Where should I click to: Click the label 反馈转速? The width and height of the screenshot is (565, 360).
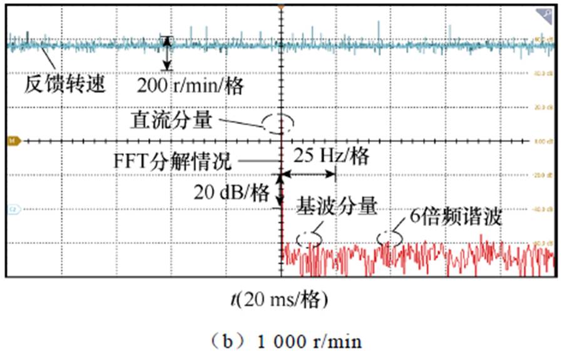click(64, 83)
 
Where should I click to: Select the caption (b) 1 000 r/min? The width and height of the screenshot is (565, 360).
click(282, 341)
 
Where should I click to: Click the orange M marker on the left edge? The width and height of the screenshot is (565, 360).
click(11, 141)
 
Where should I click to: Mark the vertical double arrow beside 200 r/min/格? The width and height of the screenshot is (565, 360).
click(166, 53)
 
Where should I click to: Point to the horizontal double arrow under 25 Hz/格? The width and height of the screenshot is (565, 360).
click(307, 173)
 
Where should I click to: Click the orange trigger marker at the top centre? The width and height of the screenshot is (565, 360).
click(282, 6)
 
